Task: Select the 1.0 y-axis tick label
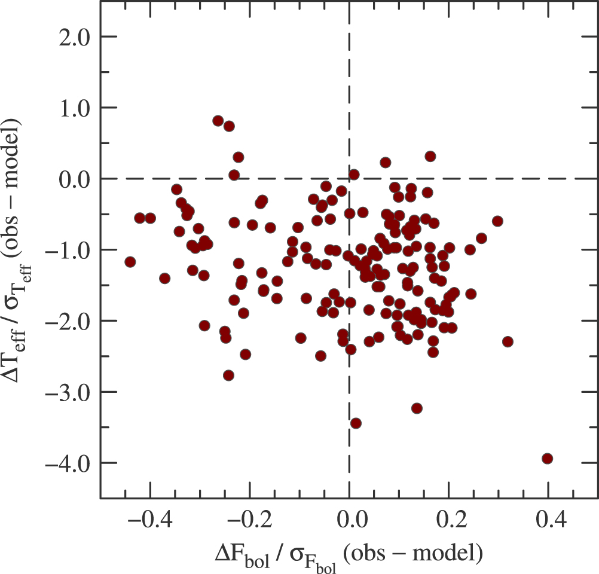[x=74, y=109]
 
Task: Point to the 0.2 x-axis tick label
[x=452, y=520]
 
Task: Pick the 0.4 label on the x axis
[x=551, y=520]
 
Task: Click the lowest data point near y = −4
[x=548, y=458]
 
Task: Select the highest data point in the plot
[x=218, y=121]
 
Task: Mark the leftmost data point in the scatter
[x=130, y=262]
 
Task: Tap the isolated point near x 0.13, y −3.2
[x=417, y=408]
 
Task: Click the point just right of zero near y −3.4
[x=356, y=423]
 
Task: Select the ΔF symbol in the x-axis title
[x=227, y=552]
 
